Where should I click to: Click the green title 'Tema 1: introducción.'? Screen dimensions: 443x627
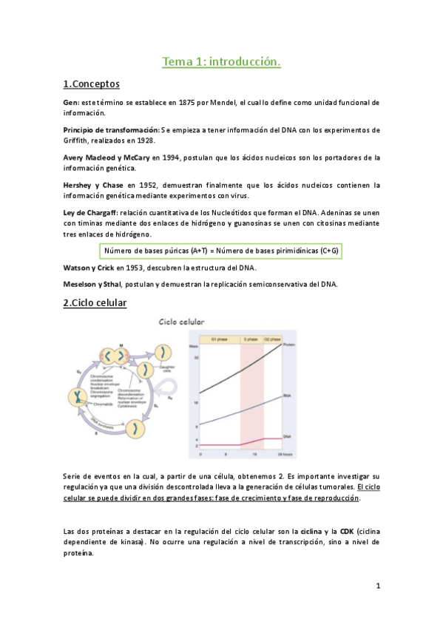click(221, 63)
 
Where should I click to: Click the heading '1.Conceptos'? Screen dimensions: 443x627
click(92, 84)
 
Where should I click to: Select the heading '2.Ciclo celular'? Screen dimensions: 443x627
click(95, 302)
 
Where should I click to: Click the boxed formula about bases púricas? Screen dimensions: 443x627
click(221, 250)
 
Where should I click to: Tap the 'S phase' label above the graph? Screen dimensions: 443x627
click(250, 339)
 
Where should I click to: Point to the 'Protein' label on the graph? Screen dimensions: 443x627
click(290, 344)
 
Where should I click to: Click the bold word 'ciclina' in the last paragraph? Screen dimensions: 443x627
click(307, 531)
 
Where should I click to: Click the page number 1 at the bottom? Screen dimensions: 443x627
click(377, 586)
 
